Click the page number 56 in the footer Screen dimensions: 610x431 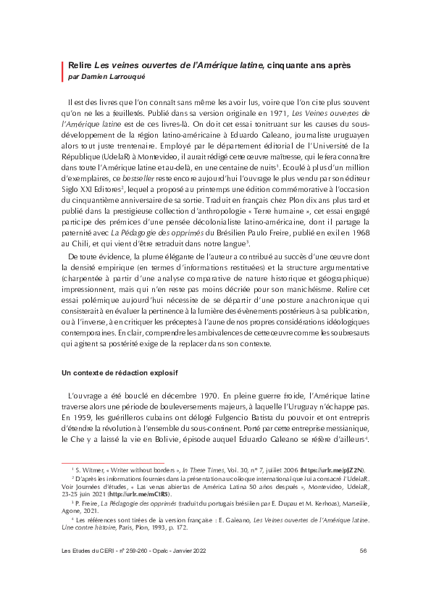click(x=363, y=571)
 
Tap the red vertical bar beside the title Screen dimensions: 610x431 click(x=63, y=70)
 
